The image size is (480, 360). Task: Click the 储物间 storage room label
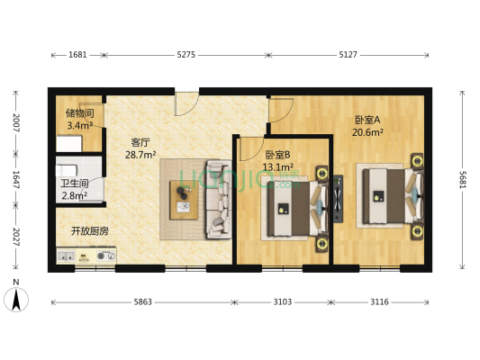[79, 113]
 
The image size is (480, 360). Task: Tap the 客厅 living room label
[140, 142]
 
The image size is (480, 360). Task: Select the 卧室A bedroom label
[367, 120]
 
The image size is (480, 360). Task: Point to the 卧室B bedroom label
[277, 154]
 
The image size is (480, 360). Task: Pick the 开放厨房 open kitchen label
[90, 231]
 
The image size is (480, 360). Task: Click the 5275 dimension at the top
[186, 55]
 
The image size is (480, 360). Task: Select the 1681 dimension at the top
[77, 55]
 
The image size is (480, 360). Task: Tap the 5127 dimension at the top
[349, 55]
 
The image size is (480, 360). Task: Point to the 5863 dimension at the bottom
[141, 302]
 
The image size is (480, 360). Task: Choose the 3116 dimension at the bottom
[379, 302]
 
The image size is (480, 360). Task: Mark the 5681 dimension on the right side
[462, 180]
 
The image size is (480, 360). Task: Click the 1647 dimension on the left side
[16, 180]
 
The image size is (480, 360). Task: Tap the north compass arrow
[15, 298]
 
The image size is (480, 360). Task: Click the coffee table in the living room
[184, 200]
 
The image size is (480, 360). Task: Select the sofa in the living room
[218, 200]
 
